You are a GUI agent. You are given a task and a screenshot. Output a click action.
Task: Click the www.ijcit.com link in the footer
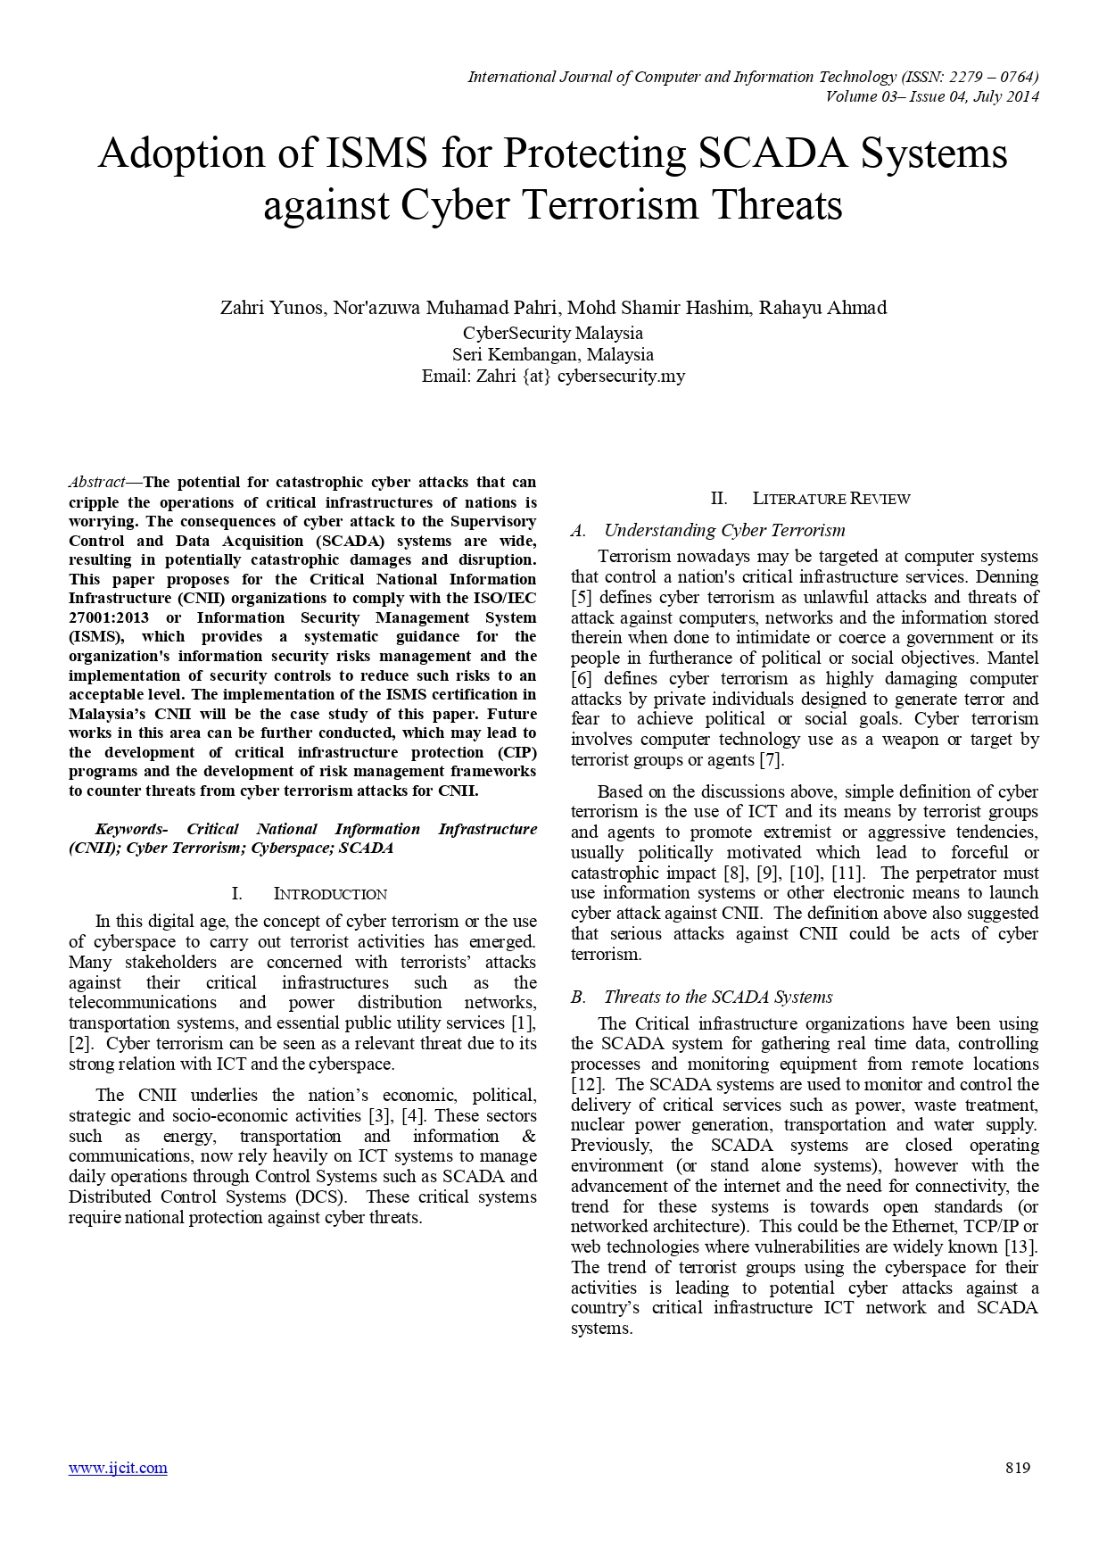[118, 1468]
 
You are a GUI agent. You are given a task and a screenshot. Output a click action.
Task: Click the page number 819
[1018, 1468]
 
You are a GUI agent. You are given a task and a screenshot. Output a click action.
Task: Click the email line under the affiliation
[553, 376]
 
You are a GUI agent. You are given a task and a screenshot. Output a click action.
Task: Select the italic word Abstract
[97, 483]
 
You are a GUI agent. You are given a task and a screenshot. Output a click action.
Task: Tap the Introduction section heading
[329, 894]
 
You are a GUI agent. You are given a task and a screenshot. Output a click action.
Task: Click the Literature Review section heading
[830, 499]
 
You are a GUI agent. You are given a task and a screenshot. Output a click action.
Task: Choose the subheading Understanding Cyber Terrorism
[724, 530]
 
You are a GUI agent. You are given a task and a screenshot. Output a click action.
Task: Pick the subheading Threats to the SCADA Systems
[717, 997]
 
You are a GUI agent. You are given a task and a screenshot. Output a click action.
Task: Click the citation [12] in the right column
[587, 1084]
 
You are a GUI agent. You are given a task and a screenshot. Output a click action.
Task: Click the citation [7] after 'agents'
[771, 759]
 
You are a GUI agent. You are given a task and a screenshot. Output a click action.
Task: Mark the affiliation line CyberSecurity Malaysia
[553, 333]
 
